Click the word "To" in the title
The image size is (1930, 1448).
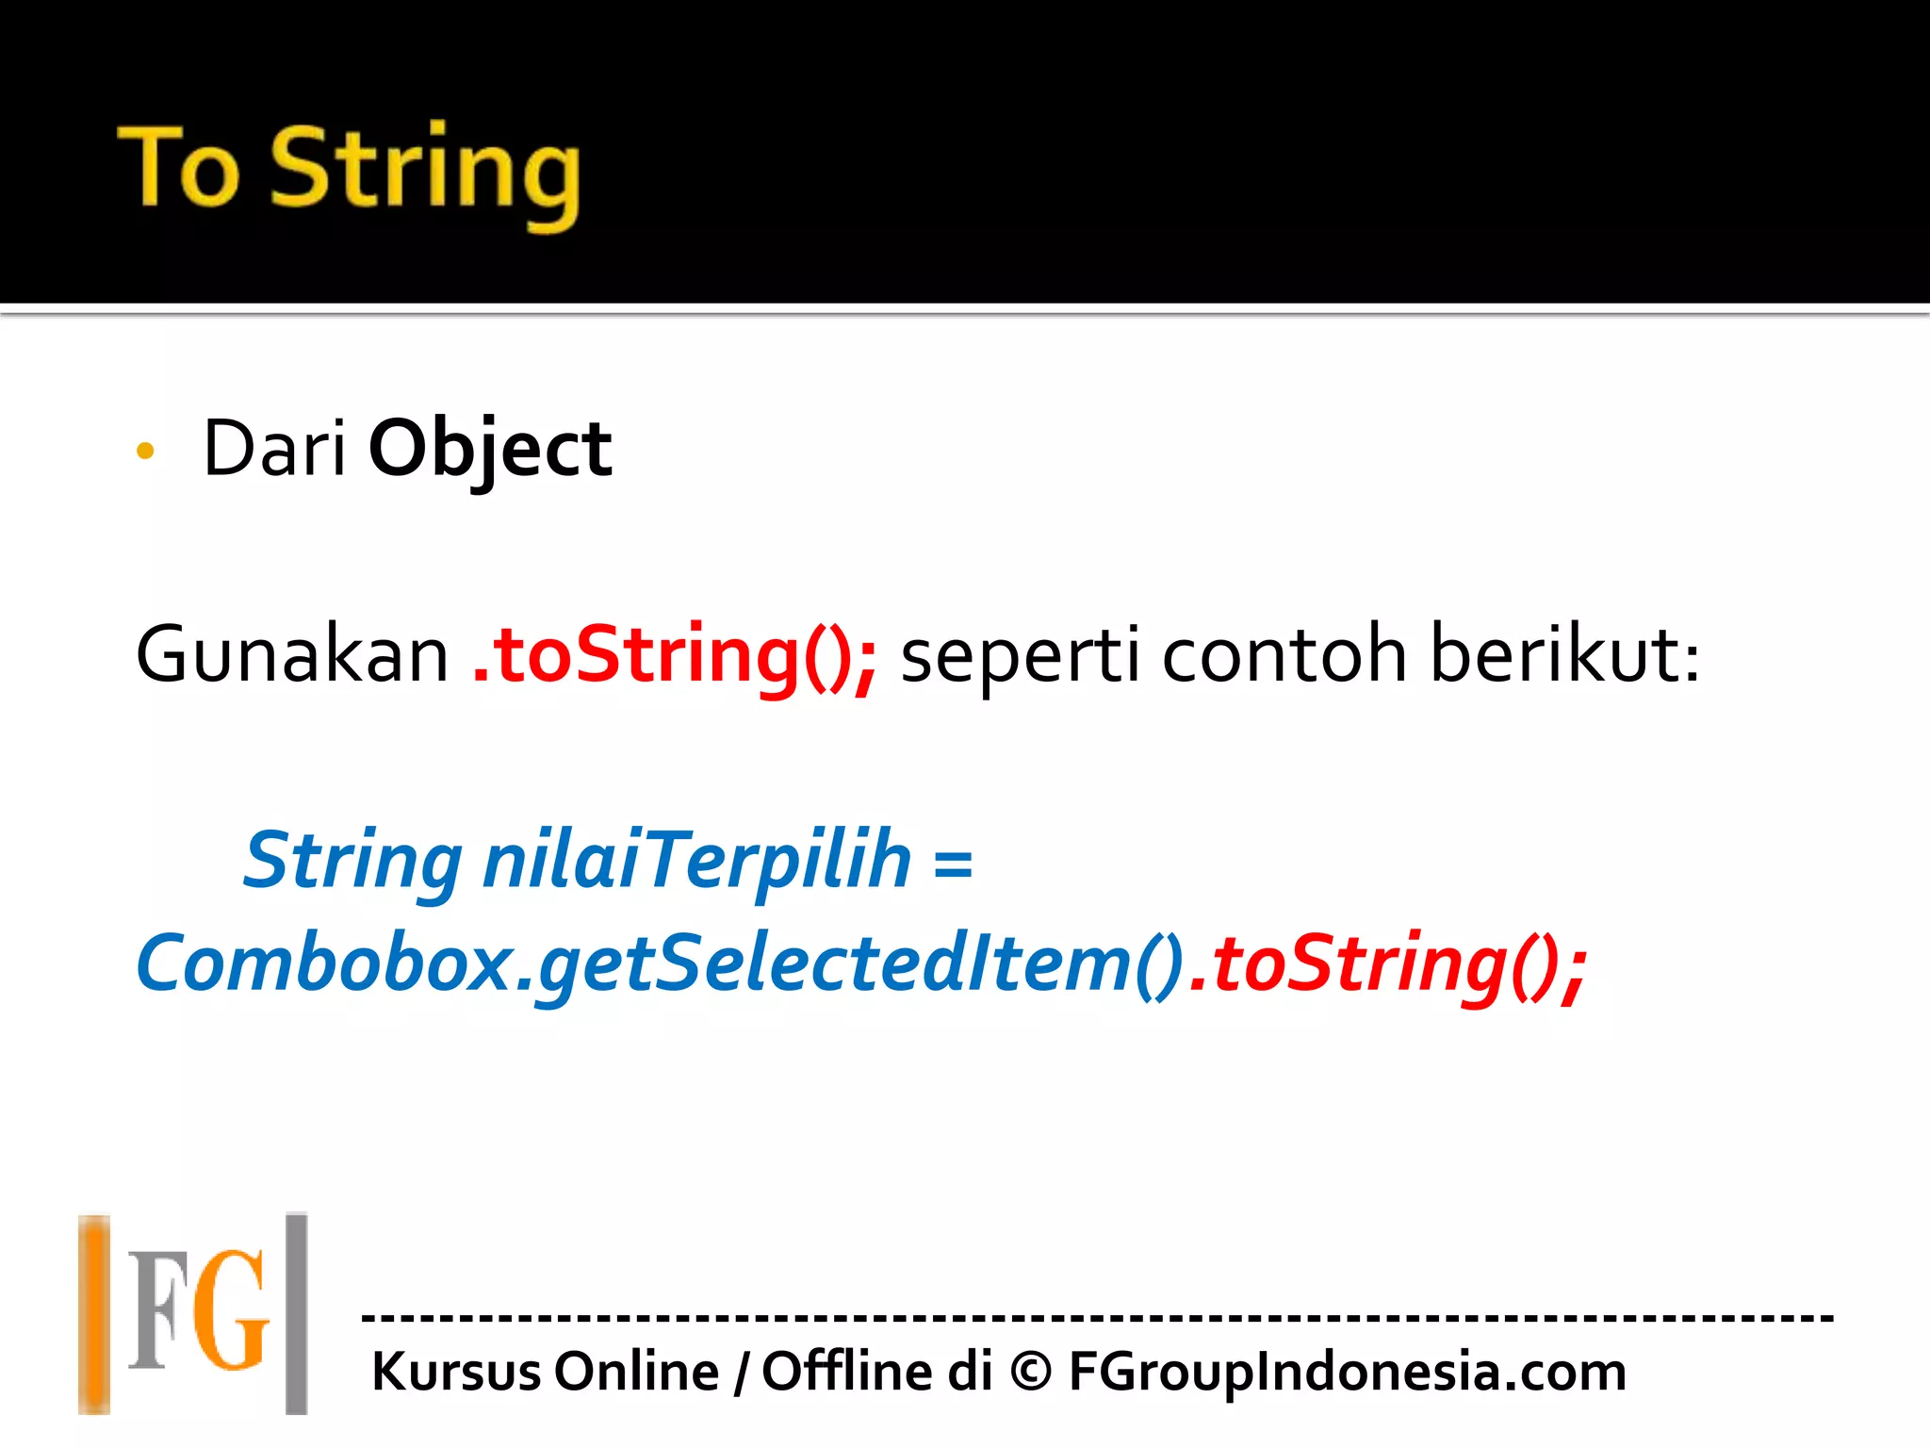pos(179,167)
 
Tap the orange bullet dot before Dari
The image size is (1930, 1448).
pos(145,451)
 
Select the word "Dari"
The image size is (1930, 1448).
pos(274,449)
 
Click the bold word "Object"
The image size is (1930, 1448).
pos(490,451)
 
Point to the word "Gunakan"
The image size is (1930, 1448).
pos(292,654)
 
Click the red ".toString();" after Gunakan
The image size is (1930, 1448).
pos(675,656)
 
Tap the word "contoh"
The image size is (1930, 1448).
pos(1284,654)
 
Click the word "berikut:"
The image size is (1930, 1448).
pos(1565,654)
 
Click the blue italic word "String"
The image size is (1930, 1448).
pos(353,862)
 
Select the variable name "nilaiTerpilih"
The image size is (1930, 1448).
pos(697,862)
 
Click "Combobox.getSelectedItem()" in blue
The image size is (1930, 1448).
pos(660,963)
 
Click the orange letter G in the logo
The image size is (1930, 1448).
pos(232,1310)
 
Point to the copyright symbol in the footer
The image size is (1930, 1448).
pos(1030,1372)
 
